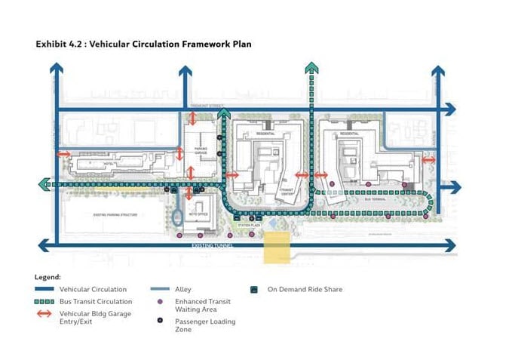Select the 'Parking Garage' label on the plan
(201, 152)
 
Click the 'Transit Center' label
(287, 191)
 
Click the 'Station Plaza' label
(247, 225)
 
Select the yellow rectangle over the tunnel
(276, 247)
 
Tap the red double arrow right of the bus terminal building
(428, 159)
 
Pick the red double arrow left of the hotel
(64, 154)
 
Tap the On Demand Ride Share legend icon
(255, 289)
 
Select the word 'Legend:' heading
(48, 277)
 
